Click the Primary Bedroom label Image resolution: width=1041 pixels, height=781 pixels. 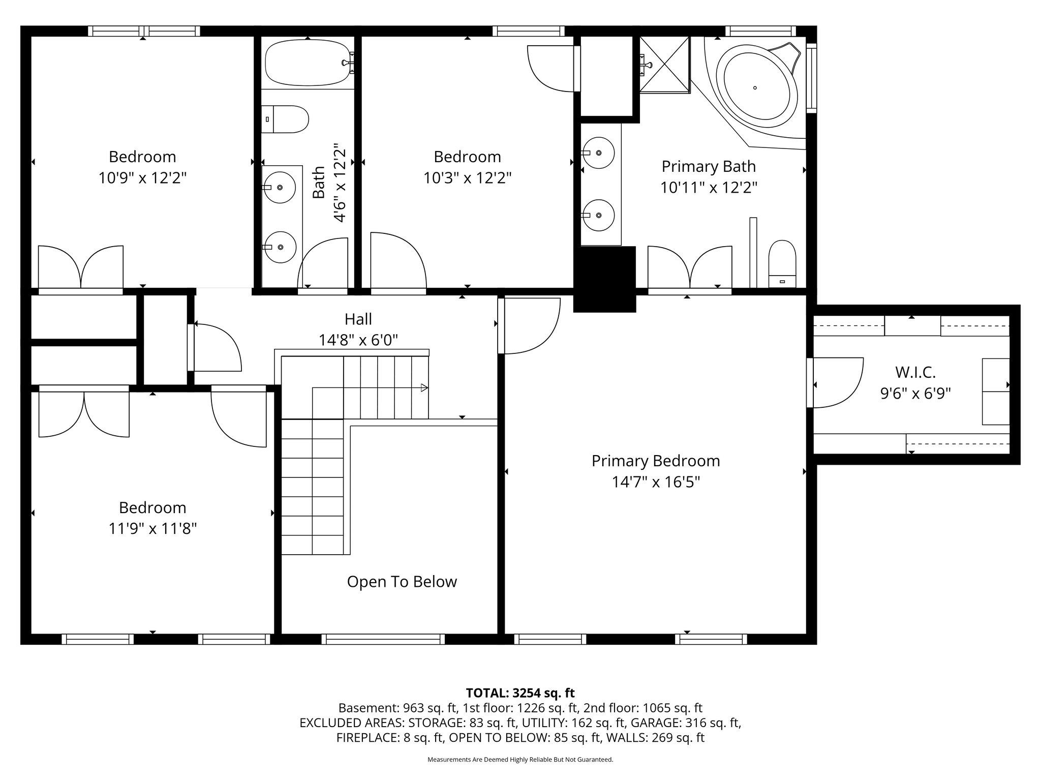pos(656,461)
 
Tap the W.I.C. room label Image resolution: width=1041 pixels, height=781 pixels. pos(915,372)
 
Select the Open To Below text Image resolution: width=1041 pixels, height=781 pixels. pos(402,582)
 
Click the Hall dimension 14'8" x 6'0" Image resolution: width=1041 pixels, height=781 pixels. pos(358,340)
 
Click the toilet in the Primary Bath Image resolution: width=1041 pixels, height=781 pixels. pos(782,264)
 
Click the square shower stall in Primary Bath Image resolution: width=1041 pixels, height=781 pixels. pos(664,65)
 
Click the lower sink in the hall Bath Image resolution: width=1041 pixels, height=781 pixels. pos(280,247)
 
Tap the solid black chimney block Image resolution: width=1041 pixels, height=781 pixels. pos(605,279)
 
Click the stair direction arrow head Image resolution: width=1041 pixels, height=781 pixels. pos(424,388)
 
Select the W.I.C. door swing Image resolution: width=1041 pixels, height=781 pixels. pos(836,382)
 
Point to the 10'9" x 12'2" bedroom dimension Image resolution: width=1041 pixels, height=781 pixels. pos(143,178)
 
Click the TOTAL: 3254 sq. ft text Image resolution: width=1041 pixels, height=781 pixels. pos(520,693)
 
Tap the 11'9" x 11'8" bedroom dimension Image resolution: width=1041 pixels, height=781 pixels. pos(152,529)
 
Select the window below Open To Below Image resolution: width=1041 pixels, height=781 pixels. pos(383,639)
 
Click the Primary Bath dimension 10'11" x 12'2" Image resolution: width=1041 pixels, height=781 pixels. pos(709,188)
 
